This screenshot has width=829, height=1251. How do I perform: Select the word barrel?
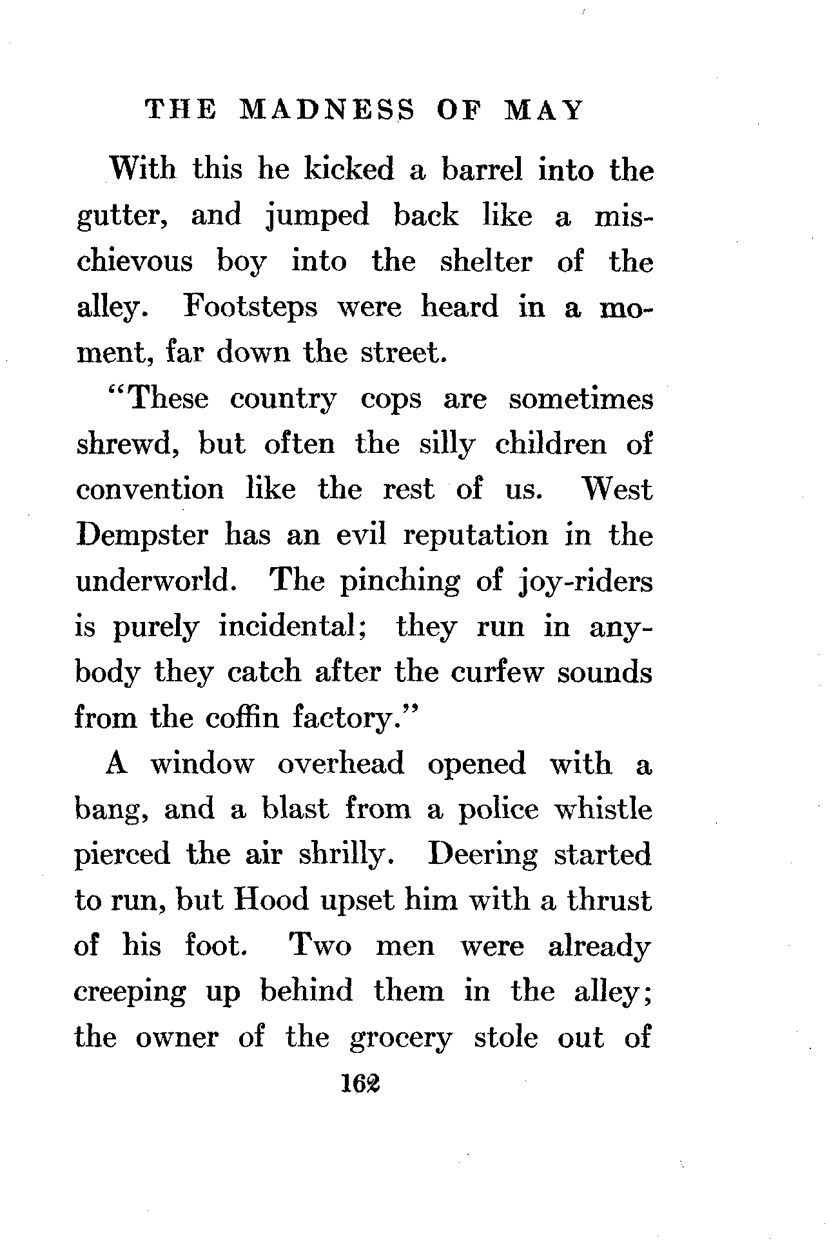(x=481, y=170)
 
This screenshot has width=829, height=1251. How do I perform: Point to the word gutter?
(x=123, y=217)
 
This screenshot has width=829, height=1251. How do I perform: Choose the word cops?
(x=391, y=399)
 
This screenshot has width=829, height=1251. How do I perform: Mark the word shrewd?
(x=125, y=445)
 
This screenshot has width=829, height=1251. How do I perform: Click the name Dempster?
(x=142, y=535)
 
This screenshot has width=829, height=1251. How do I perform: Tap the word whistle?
(x=603, y=809)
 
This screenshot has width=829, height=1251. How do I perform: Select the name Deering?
(x=482, y=856)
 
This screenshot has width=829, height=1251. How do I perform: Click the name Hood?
(x=271, y=901)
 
